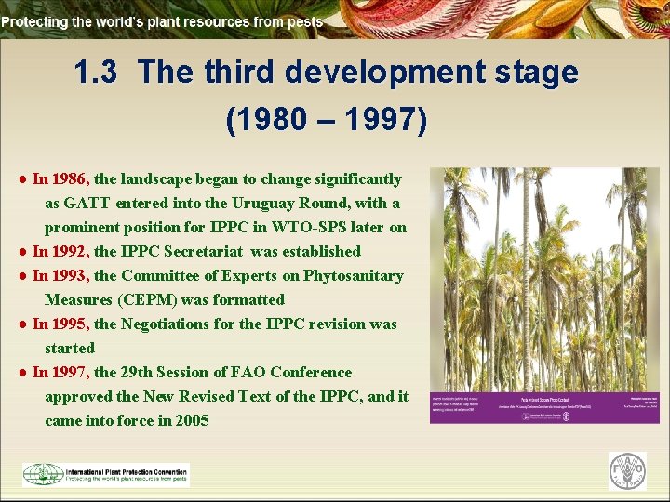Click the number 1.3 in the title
95,73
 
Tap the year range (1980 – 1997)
327,120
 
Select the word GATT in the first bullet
87,203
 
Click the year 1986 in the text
70,178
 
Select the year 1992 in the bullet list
70,251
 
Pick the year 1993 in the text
70,275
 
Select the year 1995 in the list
70,324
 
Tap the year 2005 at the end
190,420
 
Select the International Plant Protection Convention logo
105,474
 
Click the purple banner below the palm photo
544,407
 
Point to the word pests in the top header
304,21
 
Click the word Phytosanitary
355,275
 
